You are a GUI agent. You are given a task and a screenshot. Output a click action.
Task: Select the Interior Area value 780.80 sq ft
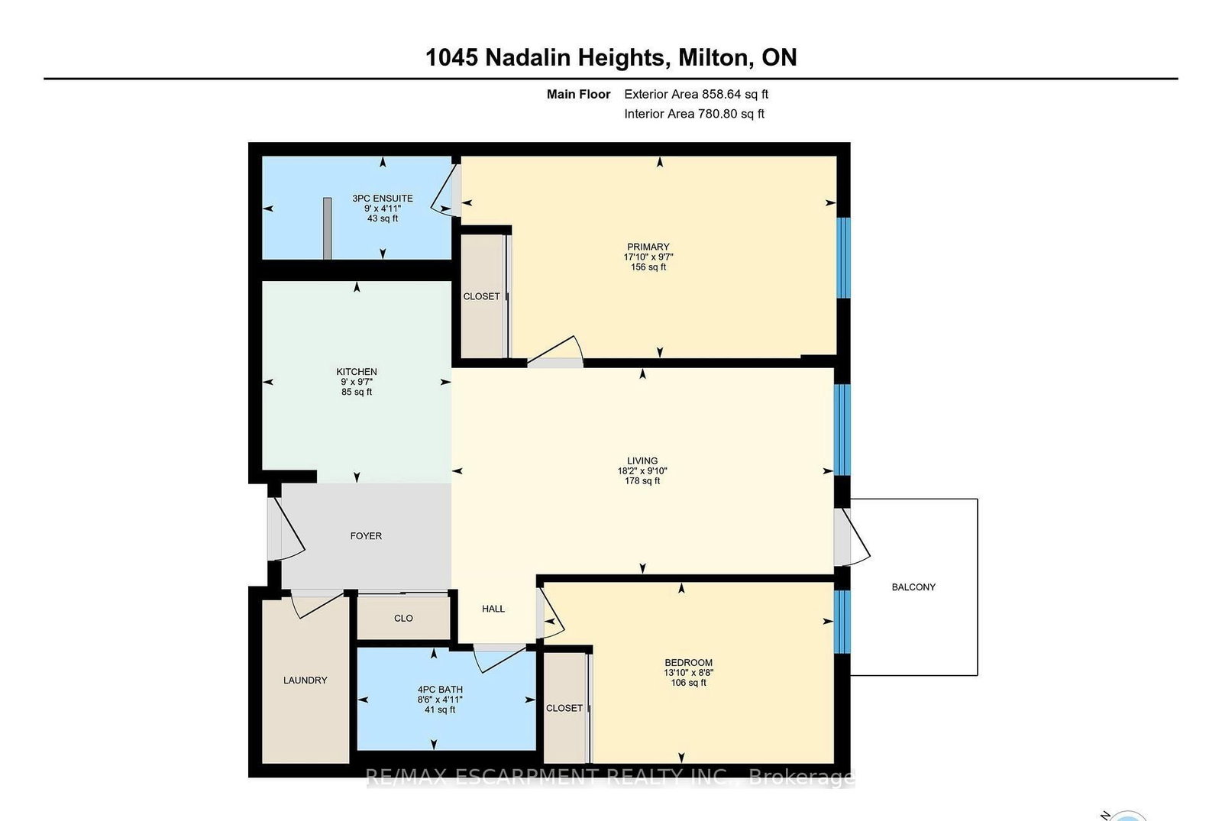[x=731, y=114]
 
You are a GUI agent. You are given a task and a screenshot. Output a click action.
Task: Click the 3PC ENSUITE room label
[x=383, y=199]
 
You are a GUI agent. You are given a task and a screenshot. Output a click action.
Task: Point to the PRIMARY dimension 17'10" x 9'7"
[x=648, y=257]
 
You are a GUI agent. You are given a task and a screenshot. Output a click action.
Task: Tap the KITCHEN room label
[x=357, y=372]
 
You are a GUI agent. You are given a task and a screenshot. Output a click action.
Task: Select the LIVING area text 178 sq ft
[x=642, y=481]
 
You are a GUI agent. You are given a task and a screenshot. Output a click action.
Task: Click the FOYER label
[x=366, y=536]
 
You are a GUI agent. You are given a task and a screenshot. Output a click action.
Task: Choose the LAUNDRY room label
[x=305, y=680]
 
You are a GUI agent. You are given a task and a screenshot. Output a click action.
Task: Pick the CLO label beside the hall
[x=403, y=619]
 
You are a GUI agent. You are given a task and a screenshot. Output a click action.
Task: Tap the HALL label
[x=493, y=609]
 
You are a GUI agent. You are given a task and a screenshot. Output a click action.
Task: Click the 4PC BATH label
[x=440, y=690]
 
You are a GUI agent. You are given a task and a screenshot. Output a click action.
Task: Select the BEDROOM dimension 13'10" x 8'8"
[x=688, y=673]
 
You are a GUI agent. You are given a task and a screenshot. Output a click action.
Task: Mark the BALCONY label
[x=913, y=587]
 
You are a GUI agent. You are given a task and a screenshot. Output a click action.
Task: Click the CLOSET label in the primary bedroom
[x=481, y=296]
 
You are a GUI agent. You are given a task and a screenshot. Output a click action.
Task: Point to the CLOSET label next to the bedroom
[x=564, y=709]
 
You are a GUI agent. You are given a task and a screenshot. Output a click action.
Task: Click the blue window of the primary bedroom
[x=843, y=257]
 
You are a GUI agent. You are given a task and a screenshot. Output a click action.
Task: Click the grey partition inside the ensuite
[x=327, y=228]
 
